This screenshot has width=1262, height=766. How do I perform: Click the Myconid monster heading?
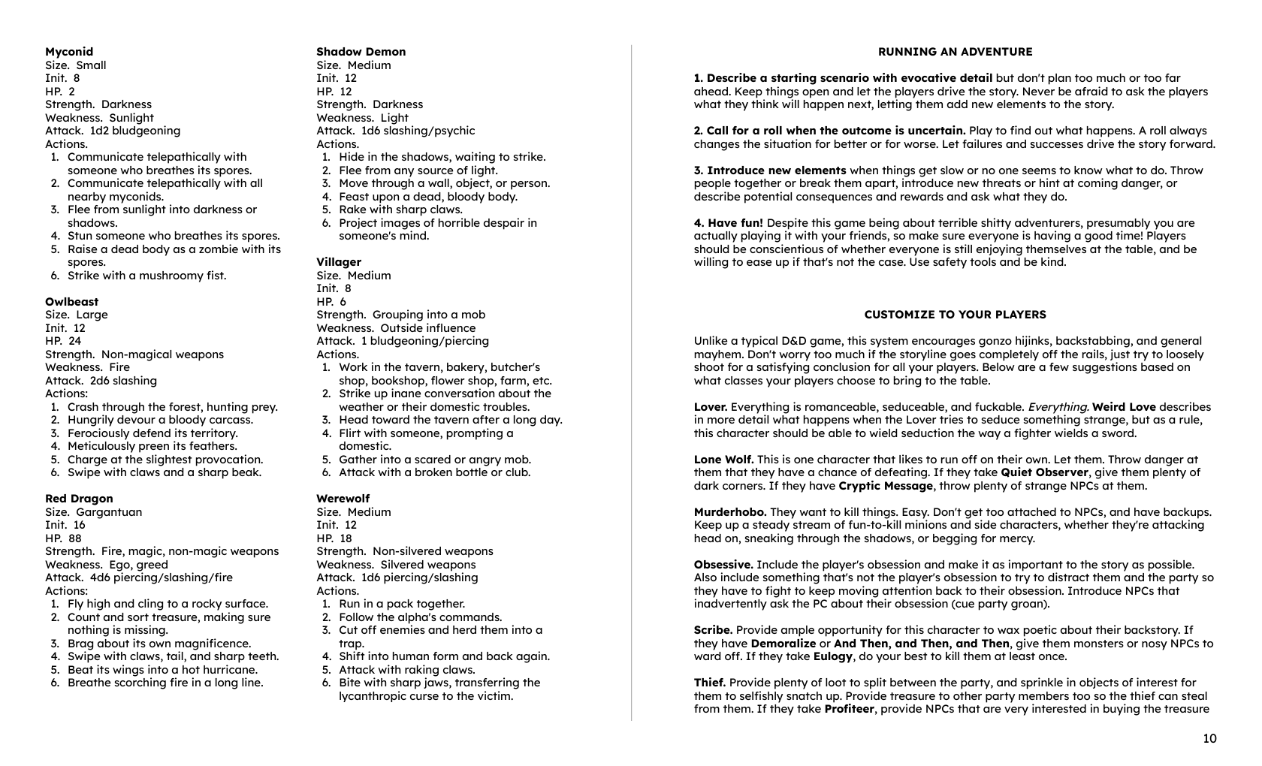pos(69,52)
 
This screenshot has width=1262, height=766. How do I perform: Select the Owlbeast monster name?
pos(71,302)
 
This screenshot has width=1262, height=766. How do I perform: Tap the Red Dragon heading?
pos(79,499)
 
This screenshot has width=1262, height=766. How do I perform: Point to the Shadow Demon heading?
pos(361,52)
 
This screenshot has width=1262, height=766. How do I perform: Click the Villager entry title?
pos(339,262)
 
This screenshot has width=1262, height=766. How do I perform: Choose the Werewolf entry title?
pos(343,499)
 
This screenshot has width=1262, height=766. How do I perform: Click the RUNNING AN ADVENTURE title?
pos(955,52)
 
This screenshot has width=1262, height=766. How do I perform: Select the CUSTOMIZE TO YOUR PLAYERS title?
pos(955,315)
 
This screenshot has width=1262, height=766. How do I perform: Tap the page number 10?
pos(1209,739)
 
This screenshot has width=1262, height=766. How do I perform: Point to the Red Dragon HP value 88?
pos(74,538)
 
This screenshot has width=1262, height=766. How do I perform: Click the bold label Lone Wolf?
pos(723,460)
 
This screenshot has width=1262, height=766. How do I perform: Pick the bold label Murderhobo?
pos(730,512)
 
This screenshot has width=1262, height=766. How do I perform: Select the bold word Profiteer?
pos(849,709)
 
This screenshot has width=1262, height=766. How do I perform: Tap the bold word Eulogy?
pos(832,656)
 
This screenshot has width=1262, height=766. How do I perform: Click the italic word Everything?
pos(1058,407)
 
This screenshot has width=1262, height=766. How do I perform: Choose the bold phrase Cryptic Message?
pos(886,486)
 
